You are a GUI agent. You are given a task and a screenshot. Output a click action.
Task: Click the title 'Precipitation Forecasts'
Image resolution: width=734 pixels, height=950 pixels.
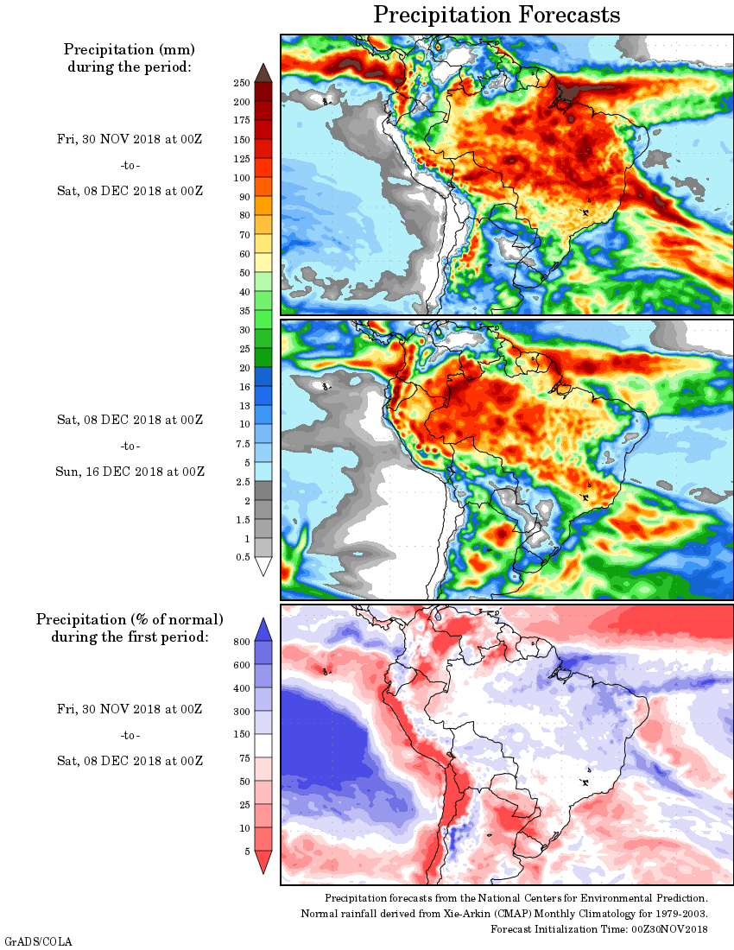(497, 15)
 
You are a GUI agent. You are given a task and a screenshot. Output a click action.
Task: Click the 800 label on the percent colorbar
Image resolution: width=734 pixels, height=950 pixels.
(241, 642)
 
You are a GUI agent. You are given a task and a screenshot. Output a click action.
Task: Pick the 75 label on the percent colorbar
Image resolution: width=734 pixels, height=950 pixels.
(244, 758)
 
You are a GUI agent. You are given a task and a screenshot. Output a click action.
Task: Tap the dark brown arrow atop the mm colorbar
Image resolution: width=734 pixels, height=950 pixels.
(263, 73)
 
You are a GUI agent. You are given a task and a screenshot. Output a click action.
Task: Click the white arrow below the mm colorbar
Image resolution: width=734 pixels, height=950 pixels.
(263, 567)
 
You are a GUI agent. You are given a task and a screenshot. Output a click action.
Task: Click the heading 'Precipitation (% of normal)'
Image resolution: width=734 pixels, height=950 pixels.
(130, 620)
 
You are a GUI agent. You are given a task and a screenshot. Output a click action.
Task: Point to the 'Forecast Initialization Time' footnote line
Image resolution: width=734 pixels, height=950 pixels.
(599, 929)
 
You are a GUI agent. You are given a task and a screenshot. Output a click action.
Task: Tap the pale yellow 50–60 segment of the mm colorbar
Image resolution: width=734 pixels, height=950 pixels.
(263, 263)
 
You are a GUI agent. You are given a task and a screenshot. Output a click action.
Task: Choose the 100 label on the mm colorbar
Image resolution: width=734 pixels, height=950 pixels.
(241, 178)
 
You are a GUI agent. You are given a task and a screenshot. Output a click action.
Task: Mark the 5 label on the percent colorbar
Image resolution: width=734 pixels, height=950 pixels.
(247, 852)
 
